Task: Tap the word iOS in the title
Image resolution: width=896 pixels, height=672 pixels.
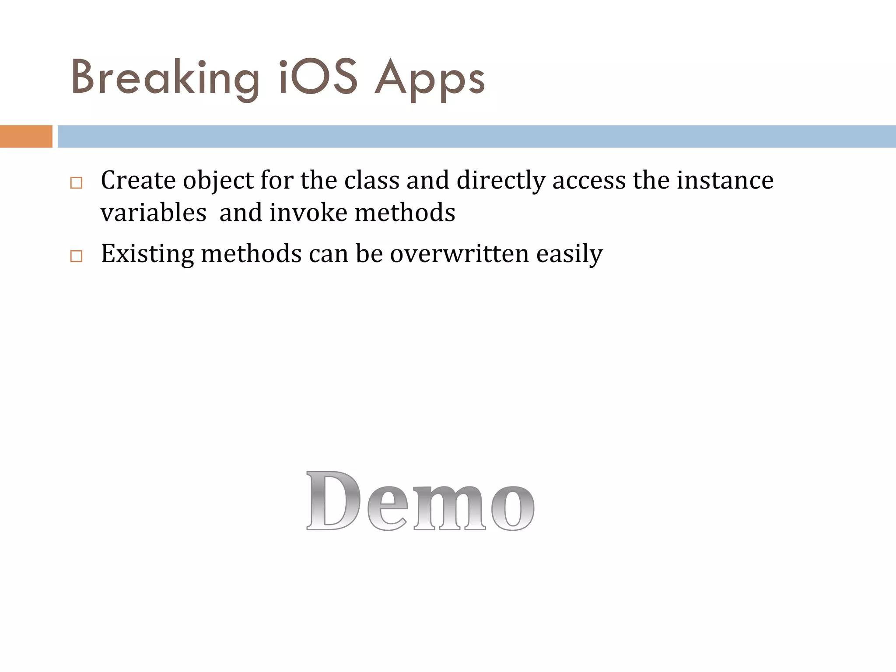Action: [x=319, y=78]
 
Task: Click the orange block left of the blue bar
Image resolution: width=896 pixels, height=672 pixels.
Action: [x=26, y=136]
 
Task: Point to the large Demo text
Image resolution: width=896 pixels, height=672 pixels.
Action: [x=420, y=501]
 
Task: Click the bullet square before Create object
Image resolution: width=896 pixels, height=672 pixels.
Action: [x=76, y=182]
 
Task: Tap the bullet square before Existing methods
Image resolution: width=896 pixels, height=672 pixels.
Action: [x=76, y=255]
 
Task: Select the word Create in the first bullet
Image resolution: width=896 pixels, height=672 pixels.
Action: [x=138, y=180]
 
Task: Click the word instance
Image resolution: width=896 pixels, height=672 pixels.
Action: [x=725, y=180]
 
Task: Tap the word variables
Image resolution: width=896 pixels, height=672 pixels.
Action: [x=153, y=213]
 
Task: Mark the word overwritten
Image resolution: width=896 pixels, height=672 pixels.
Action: [x=459, y=254]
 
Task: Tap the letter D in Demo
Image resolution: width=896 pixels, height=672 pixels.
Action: [x=333, y=501]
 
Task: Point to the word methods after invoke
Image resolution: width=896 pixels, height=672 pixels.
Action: [x=405, y=213]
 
